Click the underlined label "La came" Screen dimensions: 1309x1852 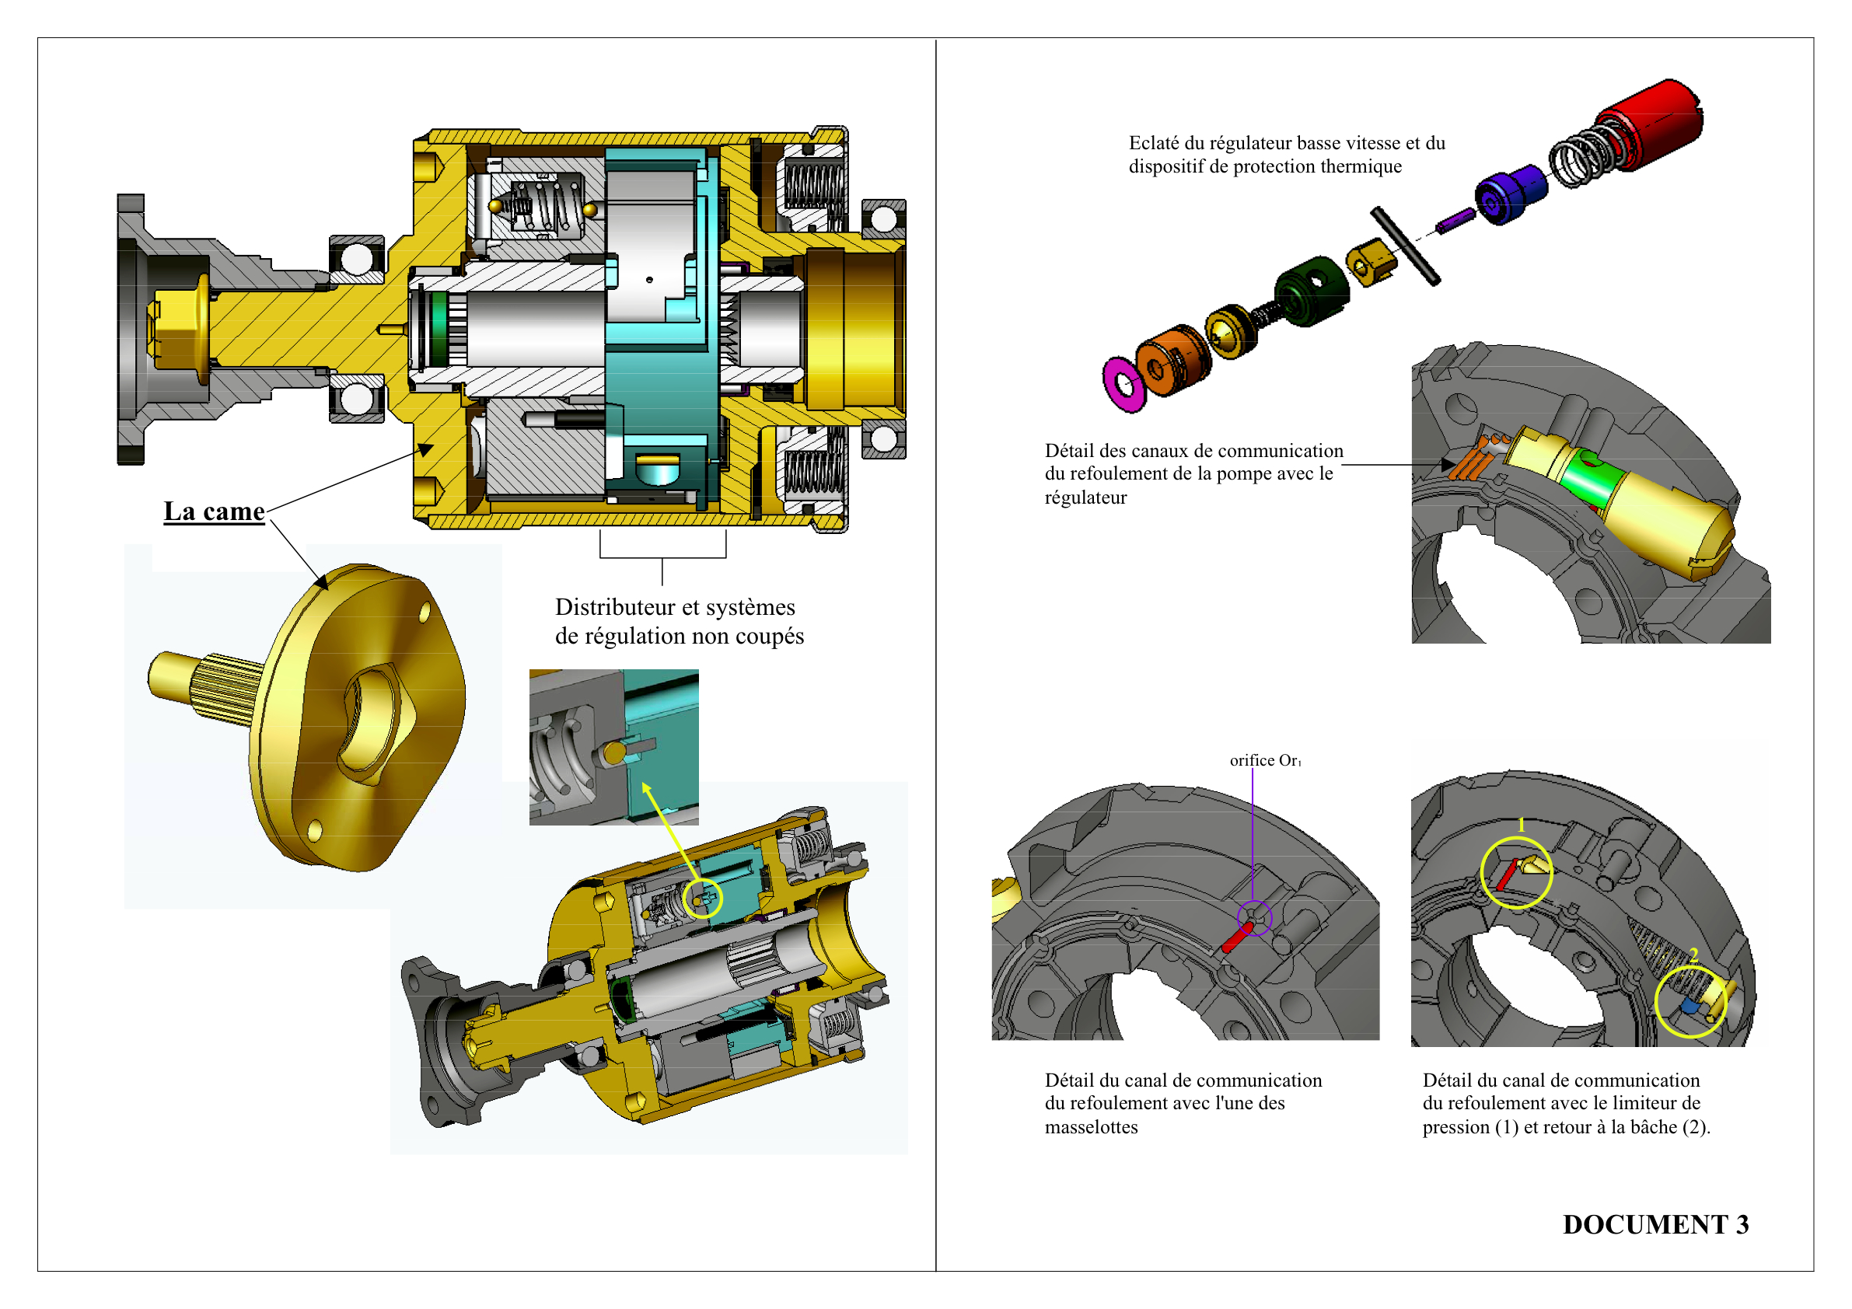point(214,511)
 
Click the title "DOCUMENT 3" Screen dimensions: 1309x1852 point(1655,1224)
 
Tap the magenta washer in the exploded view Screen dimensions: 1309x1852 point(1123,384)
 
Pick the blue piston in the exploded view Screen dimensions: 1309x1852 point(1509,194)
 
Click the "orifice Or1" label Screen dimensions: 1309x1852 point(1264,760)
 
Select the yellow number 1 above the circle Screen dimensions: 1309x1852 point(1522,825)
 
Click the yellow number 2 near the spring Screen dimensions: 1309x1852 point(1694,955)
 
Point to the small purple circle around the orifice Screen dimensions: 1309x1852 point(1254,918)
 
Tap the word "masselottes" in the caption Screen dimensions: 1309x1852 point(1091,1127)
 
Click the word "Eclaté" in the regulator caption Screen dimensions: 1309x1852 point(1154,144)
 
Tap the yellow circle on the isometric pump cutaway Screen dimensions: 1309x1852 point(702,897)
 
